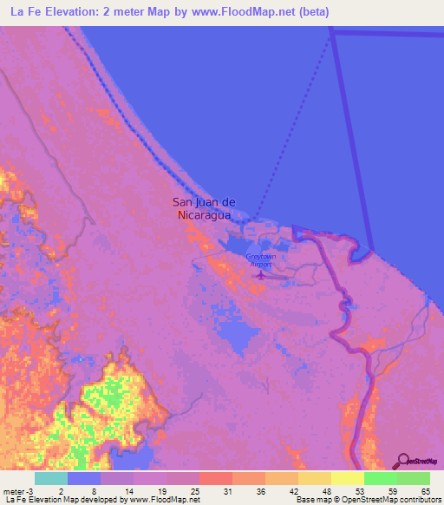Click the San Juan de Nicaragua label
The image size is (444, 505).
click(x=204, y=209)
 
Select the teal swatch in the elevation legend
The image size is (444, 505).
click(x=50, y=478)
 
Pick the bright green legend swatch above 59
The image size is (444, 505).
click(x=380, y=478)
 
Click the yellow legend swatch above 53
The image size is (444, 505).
click(x=347, y=478)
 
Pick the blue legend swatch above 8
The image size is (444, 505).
click(x=83, y=478)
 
